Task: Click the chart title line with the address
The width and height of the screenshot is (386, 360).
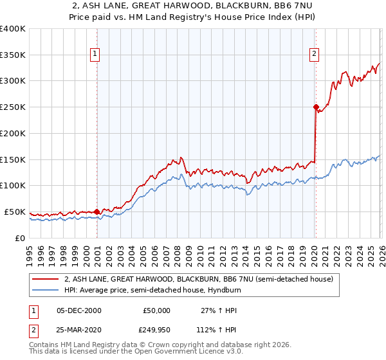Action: pyautogui.click(x=193, y=6)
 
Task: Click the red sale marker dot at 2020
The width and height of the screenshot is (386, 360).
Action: pyautogui.click(x=316, y=107)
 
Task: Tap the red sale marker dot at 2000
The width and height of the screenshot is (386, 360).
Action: pyautogui.click(x=96, y=211)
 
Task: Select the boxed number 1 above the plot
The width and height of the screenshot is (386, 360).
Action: pyautogui.click(x=95, y=55)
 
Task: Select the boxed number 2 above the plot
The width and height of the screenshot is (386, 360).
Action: pyautogui.click(x=314, y=55)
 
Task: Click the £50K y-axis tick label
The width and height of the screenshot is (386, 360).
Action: pyautogui.click(x=15, y=212)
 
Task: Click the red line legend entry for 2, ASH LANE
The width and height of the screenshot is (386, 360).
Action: pyautogui.click(x=198, y=279)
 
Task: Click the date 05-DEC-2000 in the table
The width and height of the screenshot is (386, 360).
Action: pyautogui.click(x=79, y=310)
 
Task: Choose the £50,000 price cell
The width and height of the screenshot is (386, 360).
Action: pyautogui.click(x=156, y=310)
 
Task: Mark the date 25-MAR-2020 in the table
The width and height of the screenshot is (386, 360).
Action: pyautogui.click(x=80, y=330)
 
